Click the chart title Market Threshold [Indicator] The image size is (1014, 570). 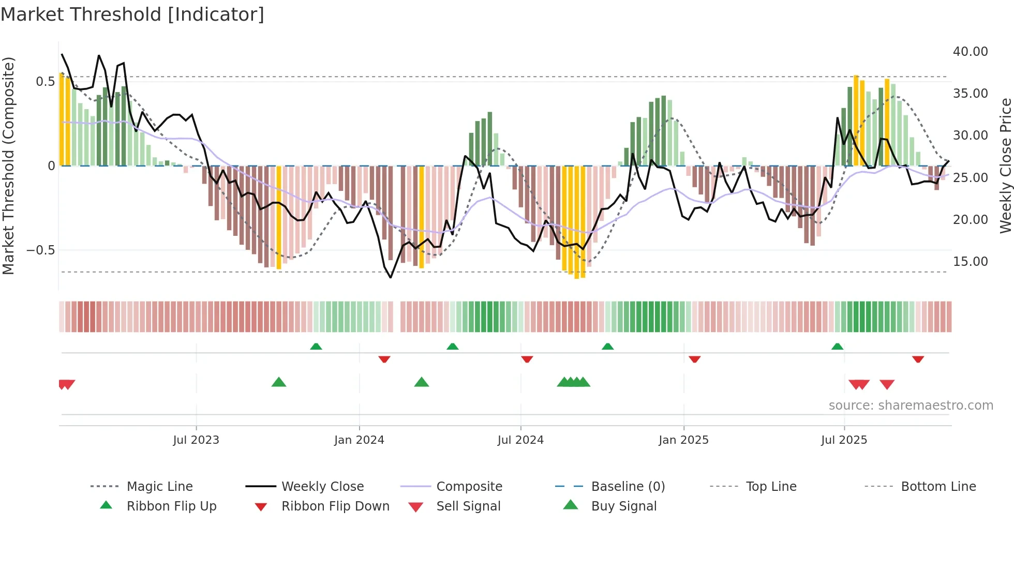click(132, 14)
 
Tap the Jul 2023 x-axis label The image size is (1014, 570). click(196, 440)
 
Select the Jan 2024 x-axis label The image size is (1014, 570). click(359, 440)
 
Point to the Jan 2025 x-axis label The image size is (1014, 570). click(683, 440)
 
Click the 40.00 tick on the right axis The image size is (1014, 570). click(970, 52)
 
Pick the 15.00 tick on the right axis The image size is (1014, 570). click(970, 262)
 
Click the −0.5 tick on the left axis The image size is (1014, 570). click(40, 250)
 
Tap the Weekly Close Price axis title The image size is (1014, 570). click(1005, 166)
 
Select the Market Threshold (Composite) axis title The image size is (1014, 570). click(8, 166)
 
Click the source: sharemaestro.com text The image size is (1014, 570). click(911, 406)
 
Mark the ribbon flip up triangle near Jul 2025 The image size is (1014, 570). click(837, 347)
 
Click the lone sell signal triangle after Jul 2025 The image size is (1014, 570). click(887, 384)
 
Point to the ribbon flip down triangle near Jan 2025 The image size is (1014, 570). click(694, 359)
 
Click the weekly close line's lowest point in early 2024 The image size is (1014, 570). click(391, 278)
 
